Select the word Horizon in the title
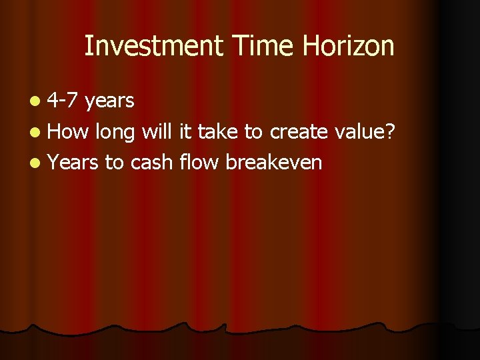click(x=349, y=46)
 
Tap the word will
click(x=157, y=131)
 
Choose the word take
click(x=217, y=132)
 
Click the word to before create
click(x=253, y=133)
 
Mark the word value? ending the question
click(x=365, y=132)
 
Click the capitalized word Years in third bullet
click(x=73, y=163)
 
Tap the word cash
click(x=152, y=163)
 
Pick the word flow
click(x=200, y=163)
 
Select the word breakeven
click(x=274, y=163)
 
